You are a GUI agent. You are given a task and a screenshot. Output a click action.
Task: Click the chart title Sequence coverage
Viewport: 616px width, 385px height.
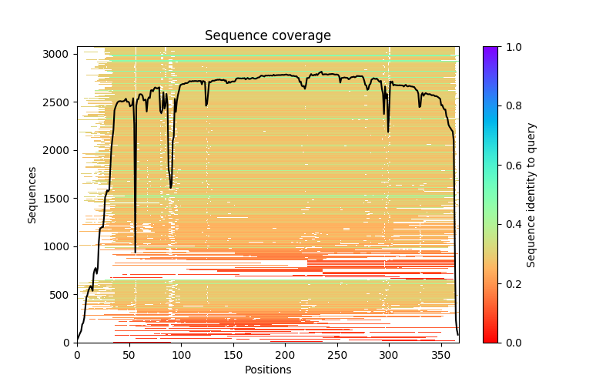pyautogui.click(x=267, y=35)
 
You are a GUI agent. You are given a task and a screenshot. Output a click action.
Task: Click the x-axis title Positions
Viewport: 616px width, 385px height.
pyautogui.click(x=267, y=370)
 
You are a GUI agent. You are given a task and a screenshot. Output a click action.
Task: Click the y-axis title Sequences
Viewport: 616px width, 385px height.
pyautogui.click(x=32, y=194)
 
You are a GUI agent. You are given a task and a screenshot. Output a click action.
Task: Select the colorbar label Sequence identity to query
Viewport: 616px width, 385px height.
pyautogui.click(x=531, y=194)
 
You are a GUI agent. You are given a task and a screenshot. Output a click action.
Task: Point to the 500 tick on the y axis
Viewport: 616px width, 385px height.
pyautogui.click(x=62, y=294)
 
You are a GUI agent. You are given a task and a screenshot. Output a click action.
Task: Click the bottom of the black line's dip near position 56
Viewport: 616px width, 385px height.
pyautogui.click(x=136, y=253)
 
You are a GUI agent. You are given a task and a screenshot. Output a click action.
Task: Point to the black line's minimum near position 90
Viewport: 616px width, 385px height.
pyautogui.click(x=171, y=188)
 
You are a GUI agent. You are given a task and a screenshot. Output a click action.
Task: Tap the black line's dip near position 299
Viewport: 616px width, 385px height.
pyautogui.click(x=388, y=132)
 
